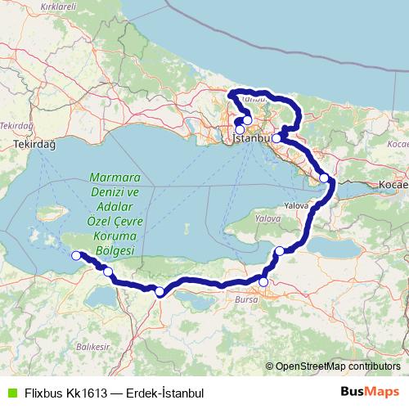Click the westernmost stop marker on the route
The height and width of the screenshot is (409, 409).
pyautogui.click(x=77, y=256)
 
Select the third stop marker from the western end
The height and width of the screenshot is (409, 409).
pyautogui.click(x=160, y=291)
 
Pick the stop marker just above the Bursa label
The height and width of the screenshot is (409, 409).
pyautogui.click(x=263, y=282)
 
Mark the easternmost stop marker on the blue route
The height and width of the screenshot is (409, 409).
pyautogui.click(x=324, y=178)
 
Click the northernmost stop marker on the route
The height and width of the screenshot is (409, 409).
pyautogui.click(x=247, y=119)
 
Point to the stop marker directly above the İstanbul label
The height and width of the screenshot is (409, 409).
pyautogui.click(x=240, y=129)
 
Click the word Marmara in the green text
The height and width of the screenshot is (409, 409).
pyautogui.click(x=115, y=178)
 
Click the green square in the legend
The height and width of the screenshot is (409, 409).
pyautogui.click(x=11, y=393)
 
